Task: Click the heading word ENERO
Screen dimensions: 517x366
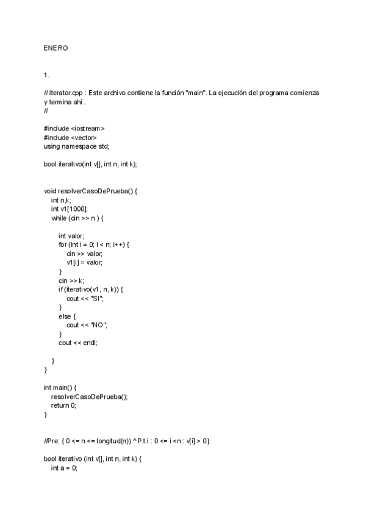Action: [x=56, y=48]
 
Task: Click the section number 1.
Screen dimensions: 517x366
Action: [x=46, y=75]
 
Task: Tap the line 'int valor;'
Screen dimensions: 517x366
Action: [x=71, y=236]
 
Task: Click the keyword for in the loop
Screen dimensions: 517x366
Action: [x=62, y=244]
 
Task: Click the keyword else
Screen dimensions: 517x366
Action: [x=65, y=316]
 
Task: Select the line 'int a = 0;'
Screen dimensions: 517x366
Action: [x=65, y=468]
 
